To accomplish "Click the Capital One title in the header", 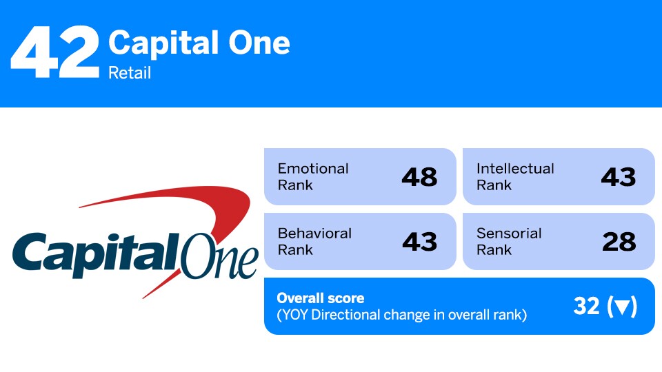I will (x=199, y=43).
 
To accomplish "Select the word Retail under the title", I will (x=130, y=72).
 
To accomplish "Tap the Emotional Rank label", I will (x=313, y=176).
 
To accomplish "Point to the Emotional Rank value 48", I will (x=419, y=177).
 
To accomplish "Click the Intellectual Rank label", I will (x=515, y=176).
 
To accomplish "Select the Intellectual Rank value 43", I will (x=618, y=177).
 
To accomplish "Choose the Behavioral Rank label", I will (x=314, y=241).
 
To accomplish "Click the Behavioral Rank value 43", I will (x=419, y=242).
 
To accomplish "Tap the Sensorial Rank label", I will (x=509, y=241).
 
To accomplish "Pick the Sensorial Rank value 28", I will (x=618, y=242).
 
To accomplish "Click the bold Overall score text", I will (x=320, y=298).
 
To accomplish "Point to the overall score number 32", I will (x=586, y=307).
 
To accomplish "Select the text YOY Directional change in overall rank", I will (x=401, y=316).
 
